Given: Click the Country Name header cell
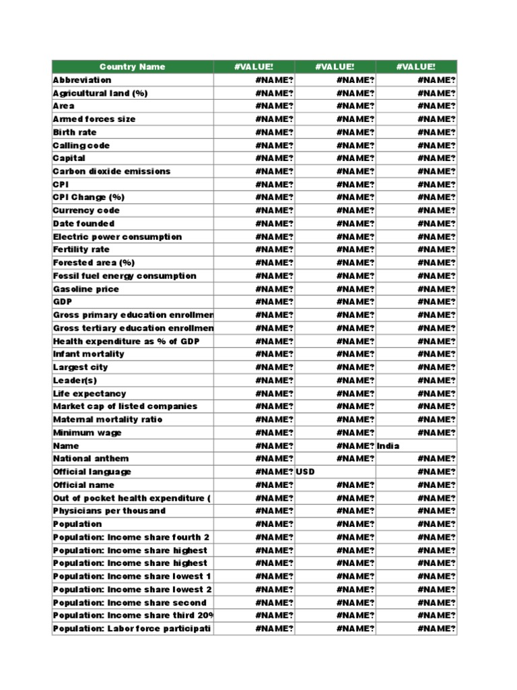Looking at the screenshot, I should tap(132, 67).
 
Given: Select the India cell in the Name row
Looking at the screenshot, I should tap(388, 446).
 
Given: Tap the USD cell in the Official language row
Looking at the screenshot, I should tap(306, 472).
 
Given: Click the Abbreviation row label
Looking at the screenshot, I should tap(82, 80).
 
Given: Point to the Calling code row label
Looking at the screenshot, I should tap(81, 146).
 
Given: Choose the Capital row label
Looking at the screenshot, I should tap(69, 158).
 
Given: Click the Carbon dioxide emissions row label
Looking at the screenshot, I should tap(112, 171).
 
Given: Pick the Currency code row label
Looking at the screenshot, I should tap(86, 211).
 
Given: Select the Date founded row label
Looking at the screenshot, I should tap(83, 224).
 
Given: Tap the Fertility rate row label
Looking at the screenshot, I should tap(81, 250).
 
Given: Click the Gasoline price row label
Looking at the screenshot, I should tap(85, 289).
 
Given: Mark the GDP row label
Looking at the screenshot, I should tap(63, 302).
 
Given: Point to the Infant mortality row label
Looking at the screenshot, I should tap(88, 354).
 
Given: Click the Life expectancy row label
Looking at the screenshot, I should tap(90, 394).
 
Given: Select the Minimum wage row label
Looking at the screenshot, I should tap(87, 433).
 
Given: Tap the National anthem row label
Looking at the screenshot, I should tap(91, 459).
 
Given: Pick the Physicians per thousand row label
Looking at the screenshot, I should tap(109, 511).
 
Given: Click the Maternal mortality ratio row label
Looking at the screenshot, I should tap(108, 420).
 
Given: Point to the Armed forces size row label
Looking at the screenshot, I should tap(94, 119).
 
